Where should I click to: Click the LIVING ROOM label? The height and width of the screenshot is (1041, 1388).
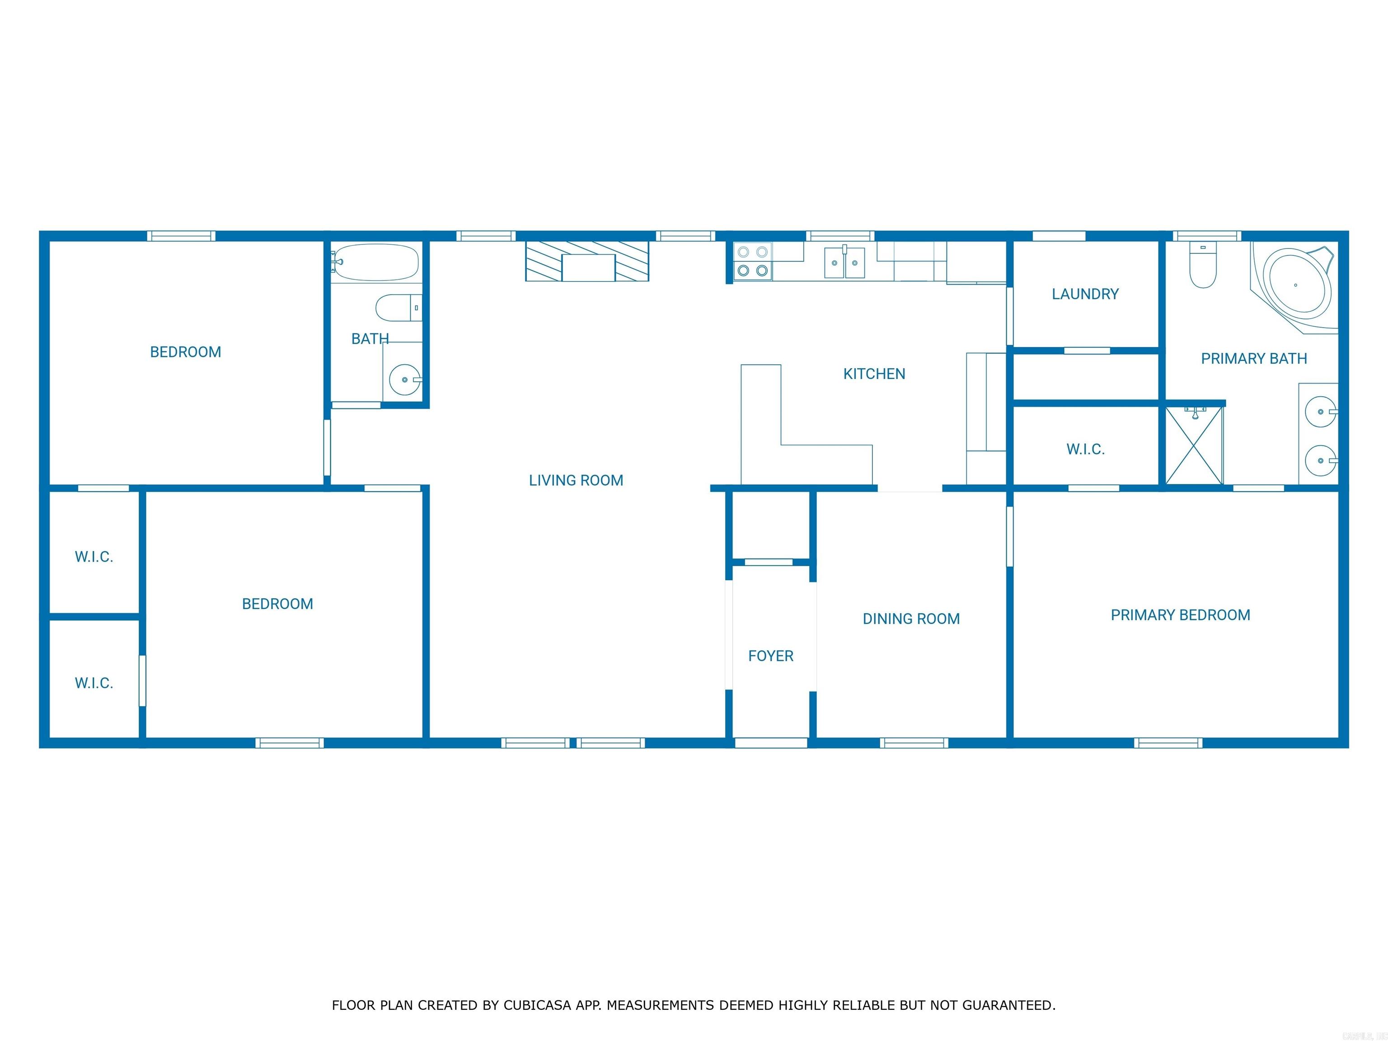tap(576, 481)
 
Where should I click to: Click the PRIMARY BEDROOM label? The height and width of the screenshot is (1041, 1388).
tap(1180, 615)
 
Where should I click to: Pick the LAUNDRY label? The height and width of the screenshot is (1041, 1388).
tap(1085, 294)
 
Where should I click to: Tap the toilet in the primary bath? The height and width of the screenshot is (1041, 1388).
tap(1203, 267)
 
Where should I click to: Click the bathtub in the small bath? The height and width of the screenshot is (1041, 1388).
tap(375, 263)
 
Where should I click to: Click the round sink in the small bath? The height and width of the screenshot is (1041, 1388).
tap(405, 380)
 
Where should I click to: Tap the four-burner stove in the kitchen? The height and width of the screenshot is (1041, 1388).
tap(752, 262)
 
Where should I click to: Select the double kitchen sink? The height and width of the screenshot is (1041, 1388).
tap(844, 263)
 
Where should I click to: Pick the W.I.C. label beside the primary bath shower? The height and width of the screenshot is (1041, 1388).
tap(1085, 449)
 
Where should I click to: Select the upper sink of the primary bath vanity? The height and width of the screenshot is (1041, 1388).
tap(1320, 412)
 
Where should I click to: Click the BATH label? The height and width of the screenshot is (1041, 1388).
tap(370, 339)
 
